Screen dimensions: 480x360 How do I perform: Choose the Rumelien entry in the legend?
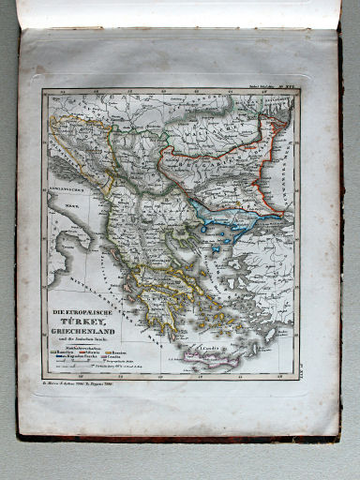point(64,351)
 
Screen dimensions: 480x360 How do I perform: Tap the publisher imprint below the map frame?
point(94,382)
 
